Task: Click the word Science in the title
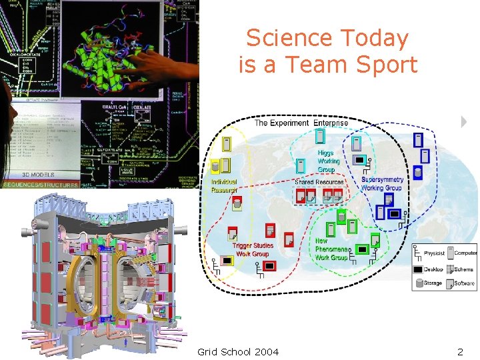coord(280,38)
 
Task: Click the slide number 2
coord(459,351)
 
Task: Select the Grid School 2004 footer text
coord(238,351)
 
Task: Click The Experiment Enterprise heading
coord(301,123)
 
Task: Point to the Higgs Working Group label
coord(328,161)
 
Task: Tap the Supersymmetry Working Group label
coord(382,183)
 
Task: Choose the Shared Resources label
coord(319,181)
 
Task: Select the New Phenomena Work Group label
coord(331,249)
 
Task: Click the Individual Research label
coord(224,186)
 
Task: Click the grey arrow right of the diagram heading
coord(463,122)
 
